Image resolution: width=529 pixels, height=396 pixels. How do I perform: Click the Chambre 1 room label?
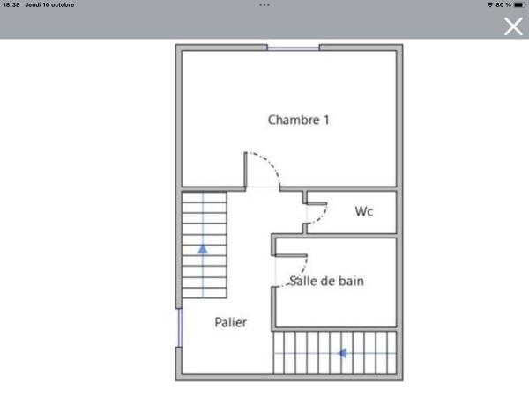298,120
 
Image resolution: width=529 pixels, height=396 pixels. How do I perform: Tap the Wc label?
364,211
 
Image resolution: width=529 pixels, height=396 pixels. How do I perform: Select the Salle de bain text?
326,281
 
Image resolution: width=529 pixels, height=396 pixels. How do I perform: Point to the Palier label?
231,322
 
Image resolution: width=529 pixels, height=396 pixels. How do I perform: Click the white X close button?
513,26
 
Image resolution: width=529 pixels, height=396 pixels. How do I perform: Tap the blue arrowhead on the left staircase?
203,249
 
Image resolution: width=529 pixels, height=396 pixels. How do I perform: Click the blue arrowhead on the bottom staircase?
342,353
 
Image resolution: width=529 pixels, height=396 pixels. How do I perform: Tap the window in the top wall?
294,48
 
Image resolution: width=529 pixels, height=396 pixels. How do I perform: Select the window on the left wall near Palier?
180,327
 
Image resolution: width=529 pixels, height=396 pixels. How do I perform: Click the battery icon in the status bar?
519,4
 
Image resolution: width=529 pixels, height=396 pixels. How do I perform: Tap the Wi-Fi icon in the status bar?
490,4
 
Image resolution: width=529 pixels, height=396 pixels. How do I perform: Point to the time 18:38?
11,4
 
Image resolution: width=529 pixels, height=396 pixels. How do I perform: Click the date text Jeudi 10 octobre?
49,4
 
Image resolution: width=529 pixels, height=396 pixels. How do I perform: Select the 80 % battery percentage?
503,4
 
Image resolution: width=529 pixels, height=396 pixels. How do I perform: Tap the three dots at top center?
264,4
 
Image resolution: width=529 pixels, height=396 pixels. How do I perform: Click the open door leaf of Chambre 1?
246,169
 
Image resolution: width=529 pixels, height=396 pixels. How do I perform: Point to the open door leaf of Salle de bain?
291,255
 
